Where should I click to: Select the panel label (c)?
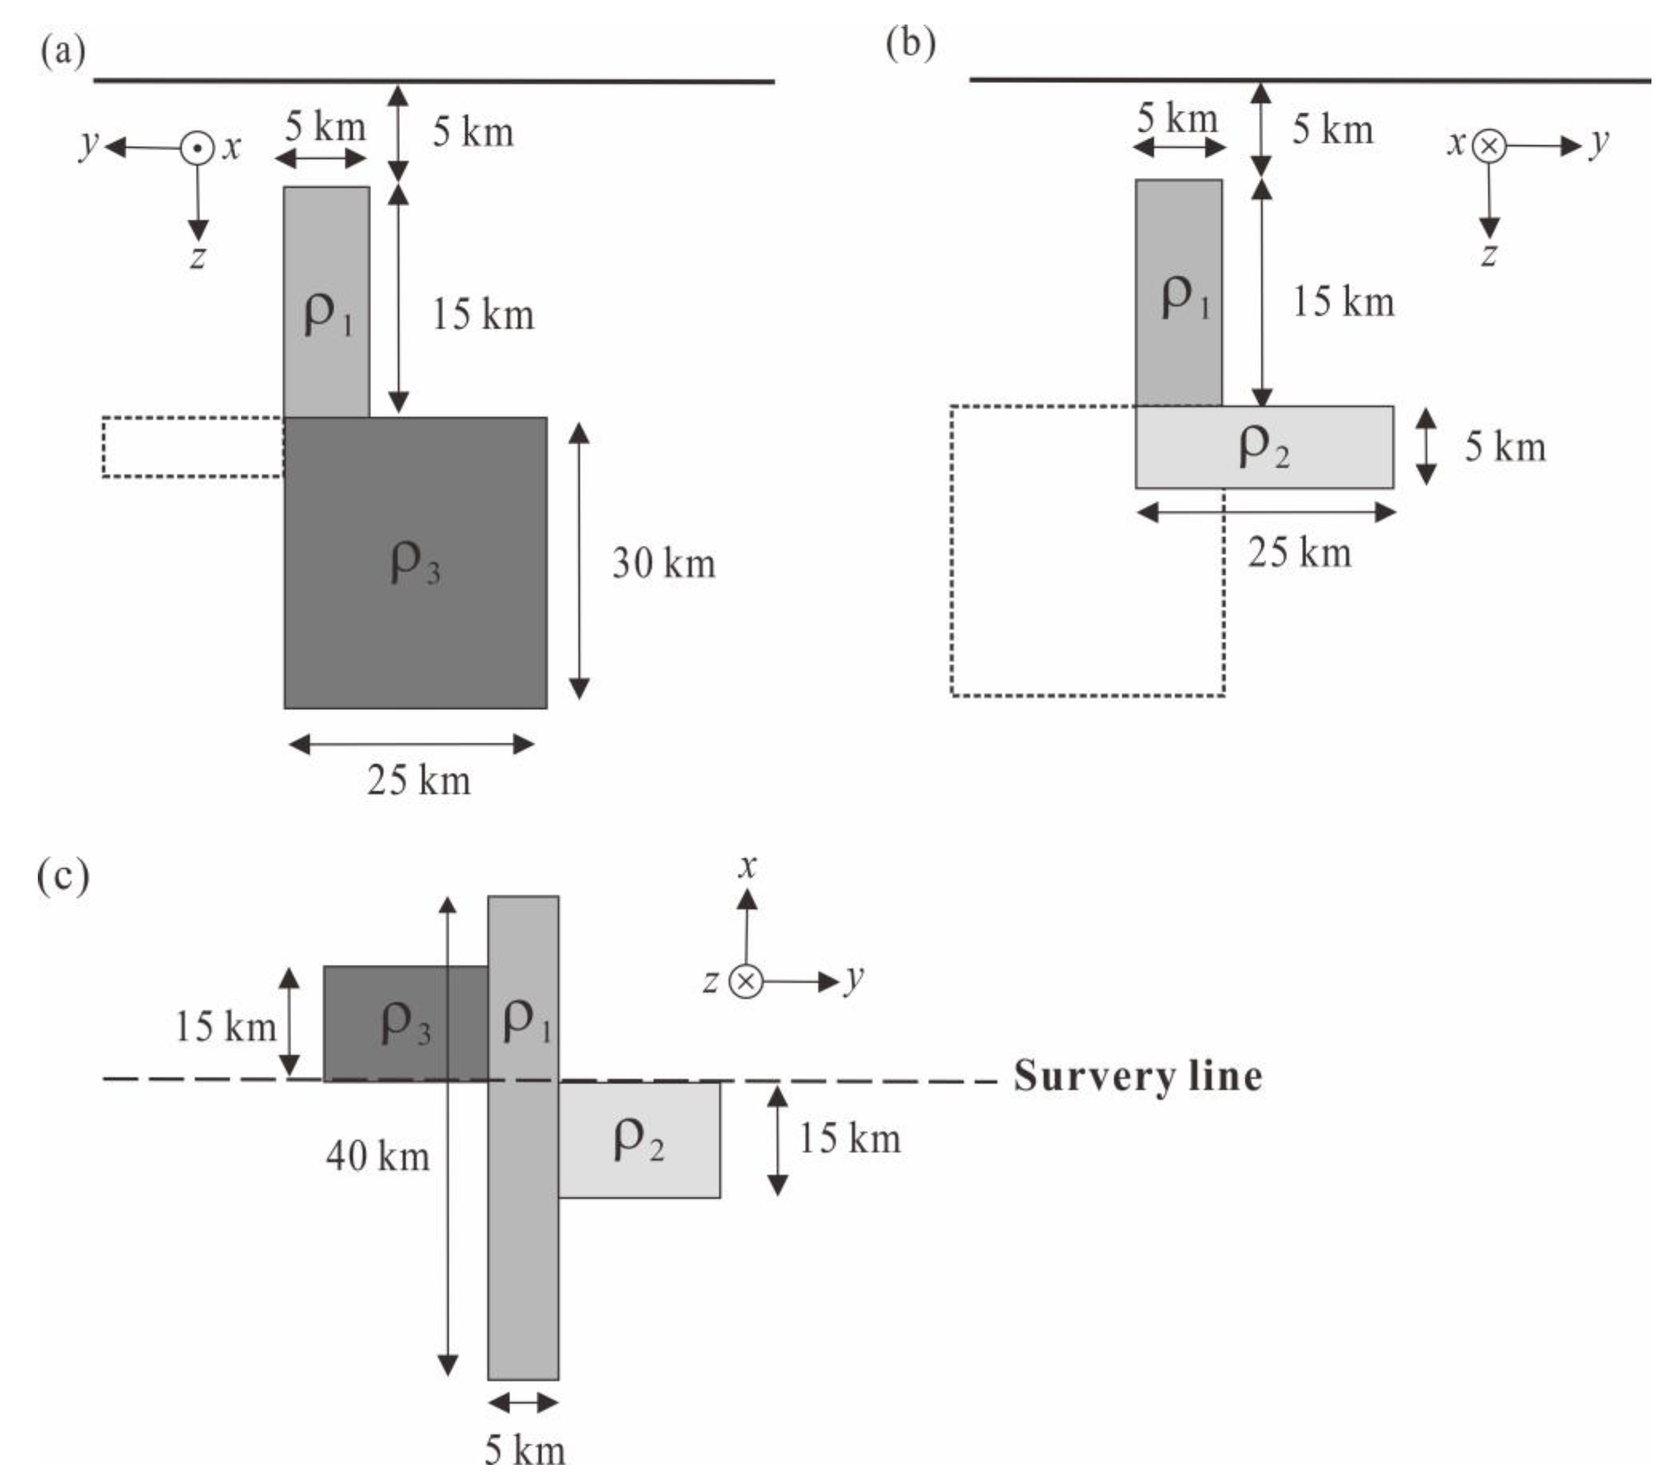click(x=63, y=876)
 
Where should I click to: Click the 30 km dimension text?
click(x=663, y=564)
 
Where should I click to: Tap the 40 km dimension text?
click(x=378, y=1156)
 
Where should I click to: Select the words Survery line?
click(x=1137, y=1076)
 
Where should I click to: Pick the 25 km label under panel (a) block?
click(x=419, y=780)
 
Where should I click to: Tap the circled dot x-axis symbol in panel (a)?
click(x=197, y=149)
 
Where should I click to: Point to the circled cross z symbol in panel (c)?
click(x=745, y=982)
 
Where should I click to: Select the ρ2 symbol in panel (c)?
click(x=639, y=1140)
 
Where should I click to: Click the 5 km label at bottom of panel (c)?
click(x=524, y=1449)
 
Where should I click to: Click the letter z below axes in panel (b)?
click(x=1489, y=255)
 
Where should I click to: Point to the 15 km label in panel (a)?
click(x=482, y=315)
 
